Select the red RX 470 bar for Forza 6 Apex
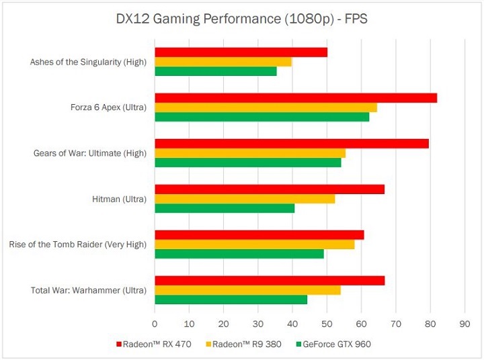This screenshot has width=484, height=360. [296, 97]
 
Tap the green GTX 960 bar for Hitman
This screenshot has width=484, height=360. [225, 208]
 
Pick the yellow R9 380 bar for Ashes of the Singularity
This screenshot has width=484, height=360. [223, 62]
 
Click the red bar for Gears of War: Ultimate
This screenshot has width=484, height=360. [292, 143]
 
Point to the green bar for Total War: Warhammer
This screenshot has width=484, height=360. [231, 300]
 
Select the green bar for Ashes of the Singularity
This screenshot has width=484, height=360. [216, 71]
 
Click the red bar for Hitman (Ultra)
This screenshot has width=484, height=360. [270, 189]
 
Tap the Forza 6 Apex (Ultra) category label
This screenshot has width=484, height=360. [108, 107]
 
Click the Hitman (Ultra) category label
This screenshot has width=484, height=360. [119, 199]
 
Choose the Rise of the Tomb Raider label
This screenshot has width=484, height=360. [77, 244]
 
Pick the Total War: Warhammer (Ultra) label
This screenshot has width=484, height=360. [89, 290]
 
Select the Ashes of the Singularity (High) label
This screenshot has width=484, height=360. [88, 62]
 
